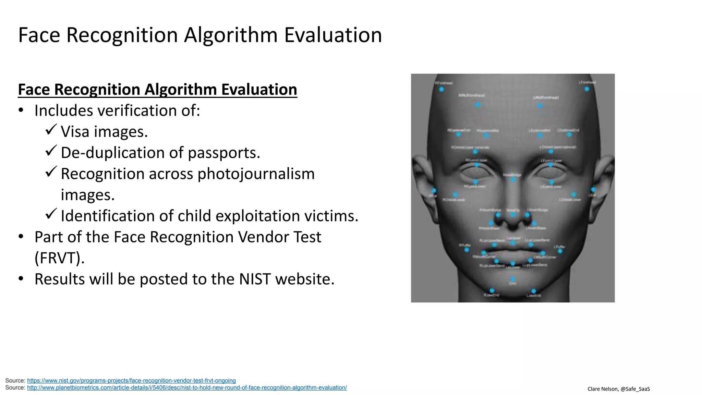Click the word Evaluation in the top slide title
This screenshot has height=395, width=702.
pos(333,35)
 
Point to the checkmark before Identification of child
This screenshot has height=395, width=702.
pos(51,214)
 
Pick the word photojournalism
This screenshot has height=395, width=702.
pos(256,174)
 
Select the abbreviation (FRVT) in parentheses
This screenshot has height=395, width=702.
pos(60,258)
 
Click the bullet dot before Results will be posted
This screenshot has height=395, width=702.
pos(21,278)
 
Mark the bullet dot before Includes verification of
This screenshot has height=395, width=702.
pos(21,110)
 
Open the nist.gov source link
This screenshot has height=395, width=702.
pos(131,381)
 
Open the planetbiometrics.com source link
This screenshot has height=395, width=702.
pos(187,388)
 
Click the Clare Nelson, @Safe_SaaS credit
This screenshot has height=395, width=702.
pos(618,389)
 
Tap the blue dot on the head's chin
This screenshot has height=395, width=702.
pos(513,279)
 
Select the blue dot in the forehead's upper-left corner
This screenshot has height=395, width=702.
pos(441,89)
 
